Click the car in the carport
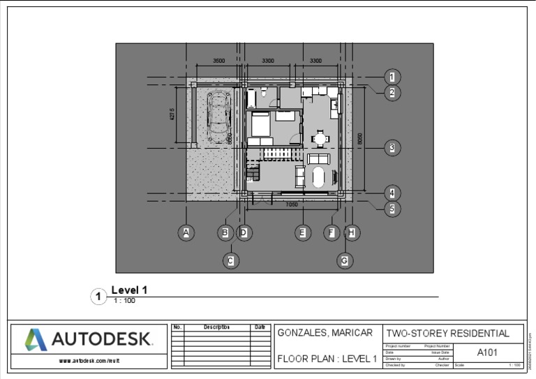coord(219,116)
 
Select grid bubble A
coord(186,233)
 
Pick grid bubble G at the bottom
coord(344,260)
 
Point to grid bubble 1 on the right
coord(392,77)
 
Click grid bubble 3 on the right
coord(392,147)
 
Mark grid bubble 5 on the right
coord(392,208)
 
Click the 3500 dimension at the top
coord(218,61)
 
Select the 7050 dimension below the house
coord(292,205)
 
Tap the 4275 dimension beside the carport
coord(172,114)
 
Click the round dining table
coord(320,138)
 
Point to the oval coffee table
coord(319,177)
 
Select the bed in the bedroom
coord(260,125)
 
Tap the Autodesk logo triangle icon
coord(36,340)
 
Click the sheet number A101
coord(487,352)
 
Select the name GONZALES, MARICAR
coord(325,333)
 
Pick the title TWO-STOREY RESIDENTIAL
coord(447,333)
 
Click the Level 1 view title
coord(129,290)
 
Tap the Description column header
coord(216,327)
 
